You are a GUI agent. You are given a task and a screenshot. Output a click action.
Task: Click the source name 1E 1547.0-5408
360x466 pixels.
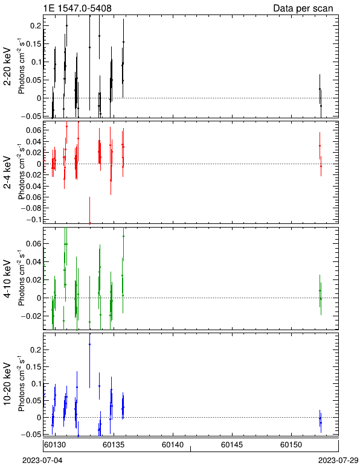77,8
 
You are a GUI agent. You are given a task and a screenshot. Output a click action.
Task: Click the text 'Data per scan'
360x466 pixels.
303,8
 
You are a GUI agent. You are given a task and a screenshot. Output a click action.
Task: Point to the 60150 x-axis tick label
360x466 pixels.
291,445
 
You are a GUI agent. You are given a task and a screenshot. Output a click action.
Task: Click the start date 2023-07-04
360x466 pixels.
42,461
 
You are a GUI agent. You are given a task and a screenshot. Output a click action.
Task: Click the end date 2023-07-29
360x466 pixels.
338,461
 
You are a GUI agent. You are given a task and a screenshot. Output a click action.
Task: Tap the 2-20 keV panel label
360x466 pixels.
7,66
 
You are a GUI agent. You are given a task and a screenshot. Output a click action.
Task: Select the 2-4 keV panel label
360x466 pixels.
7,173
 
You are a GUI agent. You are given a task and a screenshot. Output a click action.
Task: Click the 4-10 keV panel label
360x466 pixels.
7,279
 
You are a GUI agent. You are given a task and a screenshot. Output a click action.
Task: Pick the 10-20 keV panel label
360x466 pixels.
7,384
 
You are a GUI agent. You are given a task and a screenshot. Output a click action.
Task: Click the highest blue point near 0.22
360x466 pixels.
89,345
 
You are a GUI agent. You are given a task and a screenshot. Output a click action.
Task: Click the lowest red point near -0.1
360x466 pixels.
89,223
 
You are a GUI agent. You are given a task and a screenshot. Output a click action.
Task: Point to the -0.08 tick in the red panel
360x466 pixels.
31,208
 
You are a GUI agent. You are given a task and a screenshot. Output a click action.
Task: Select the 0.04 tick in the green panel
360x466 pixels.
34,261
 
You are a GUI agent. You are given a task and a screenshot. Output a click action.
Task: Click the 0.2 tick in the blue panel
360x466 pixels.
36,349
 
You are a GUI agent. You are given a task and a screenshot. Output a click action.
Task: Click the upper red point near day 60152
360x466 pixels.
320,145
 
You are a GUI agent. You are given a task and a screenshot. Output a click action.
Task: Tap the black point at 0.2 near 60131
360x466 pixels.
66,25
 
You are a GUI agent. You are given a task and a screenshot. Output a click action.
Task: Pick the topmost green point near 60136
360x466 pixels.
123,236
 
